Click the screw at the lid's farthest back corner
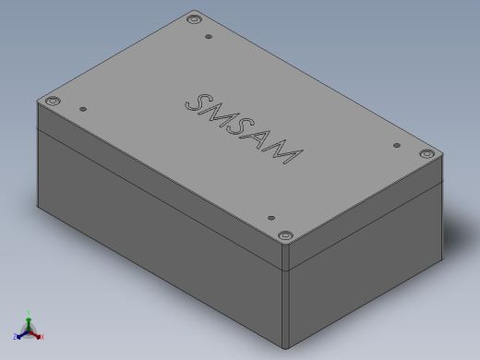pyautogui.click(x=194, y=19)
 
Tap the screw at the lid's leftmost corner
pyautogui.click(x=53, y=101)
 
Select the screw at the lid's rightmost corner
pyautogui.click(x=427, y=153)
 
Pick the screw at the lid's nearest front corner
pyautogui.click(x=285, y=235)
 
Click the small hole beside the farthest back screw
pyautogui.click(x=209, y=37)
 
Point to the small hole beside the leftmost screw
pyautogui.click(x=83, y=109)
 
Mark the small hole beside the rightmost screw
pyautogui.click(x=397, y=145)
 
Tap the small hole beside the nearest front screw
pyautogui.click(x=271, y=218)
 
